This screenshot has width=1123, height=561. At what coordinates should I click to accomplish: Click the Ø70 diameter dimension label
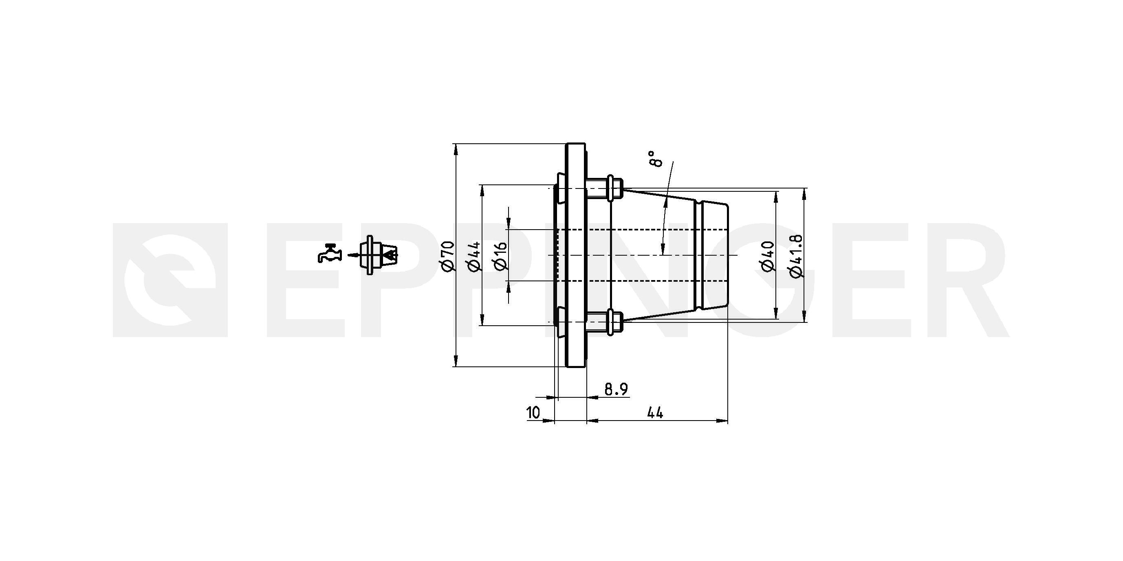(x=448, y=256)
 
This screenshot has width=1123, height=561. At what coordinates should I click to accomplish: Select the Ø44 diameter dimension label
(x=474, y=256)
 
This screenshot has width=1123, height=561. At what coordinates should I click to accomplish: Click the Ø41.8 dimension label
(x=796, y=256)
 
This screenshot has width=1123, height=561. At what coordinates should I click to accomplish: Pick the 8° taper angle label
(x=654, y=159)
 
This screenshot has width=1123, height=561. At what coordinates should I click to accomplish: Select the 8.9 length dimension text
(x=616, y=389)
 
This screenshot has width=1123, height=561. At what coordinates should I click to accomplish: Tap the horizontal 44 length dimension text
(x=655, y=412)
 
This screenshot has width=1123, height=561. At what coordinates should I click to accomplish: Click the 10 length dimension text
(x=533, y=412)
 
